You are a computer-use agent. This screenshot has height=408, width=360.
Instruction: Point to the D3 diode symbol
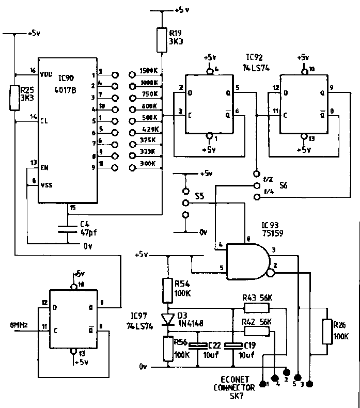tap(166, 319)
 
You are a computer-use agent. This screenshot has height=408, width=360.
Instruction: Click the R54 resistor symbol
tap(167, 290)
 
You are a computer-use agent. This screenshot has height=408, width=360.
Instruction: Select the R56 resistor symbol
tap(167, 348)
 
